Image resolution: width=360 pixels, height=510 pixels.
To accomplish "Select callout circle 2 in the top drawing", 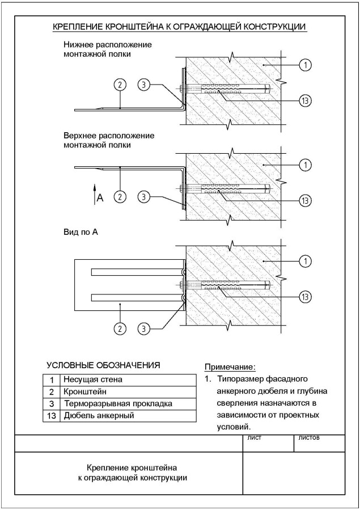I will coord(120,85).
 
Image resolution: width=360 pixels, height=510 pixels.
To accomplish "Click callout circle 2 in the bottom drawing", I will coord(120,327).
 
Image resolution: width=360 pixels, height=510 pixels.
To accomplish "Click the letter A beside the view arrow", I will coord(100,197).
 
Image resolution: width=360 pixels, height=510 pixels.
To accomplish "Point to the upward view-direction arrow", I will coord(95,192).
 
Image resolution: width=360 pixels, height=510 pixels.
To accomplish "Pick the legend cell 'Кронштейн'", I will coord(86,391).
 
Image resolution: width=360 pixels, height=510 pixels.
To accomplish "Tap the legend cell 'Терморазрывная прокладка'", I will coord(118,404).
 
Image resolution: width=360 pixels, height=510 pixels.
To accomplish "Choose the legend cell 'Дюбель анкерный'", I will coord(99,416).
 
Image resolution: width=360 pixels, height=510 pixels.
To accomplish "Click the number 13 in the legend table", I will coord(51,416).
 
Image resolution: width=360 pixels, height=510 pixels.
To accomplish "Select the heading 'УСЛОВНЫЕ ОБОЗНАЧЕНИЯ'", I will coord(104,365).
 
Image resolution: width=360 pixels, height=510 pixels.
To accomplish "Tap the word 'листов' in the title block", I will coord(309,438).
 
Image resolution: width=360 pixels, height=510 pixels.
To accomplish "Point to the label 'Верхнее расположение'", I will coord(109,136).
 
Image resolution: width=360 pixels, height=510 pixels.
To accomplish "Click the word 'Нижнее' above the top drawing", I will coord(79,44).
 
